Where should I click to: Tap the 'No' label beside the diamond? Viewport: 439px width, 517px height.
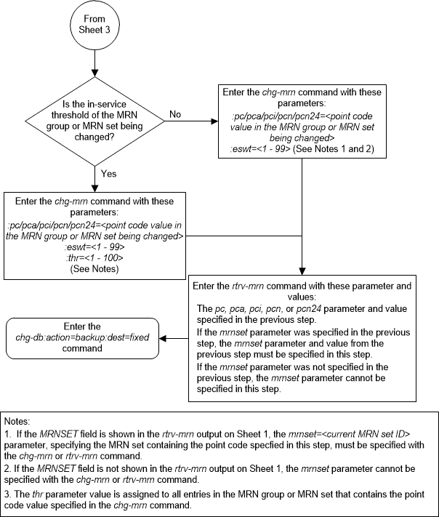175,114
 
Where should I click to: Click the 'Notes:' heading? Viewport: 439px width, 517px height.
17,421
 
